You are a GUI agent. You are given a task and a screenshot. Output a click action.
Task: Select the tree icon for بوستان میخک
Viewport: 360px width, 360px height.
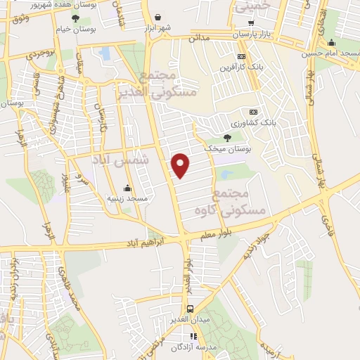pyautogui.click(x=227, y=138)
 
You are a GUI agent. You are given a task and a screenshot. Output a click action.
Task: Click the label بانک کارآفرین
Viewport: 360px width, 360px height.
pyautogui.click(x=242, y=67)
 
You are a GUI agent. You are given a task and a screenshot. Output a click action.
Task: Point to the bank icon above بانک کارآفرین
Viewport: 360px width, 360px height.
pyautogui.click(x=242, y=57)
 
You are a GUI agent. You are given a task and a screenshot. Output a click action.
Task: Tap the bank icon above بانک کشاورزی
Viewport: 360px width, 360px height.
pyautogui.click(x=253, y=112)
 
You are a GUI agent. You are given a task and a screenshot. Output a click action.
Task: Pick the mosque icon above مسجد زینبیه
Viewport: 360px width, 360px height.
pyautogui.click(x=127, y=188)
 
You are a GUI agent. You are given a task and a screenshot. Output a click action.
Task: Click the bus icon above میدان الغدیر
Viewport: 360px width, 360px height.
pyautogui.click(x=189, y=309)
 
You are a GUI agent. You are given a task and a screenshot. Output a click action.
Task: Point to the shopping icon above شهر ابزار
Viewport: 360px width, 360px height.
pyautogui.click(x=157, y=18)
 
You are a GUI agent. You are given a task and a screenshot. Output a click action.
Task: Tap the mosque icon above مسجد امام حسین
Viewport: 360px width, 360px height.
pyautogui.click(x=331, y=42)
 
